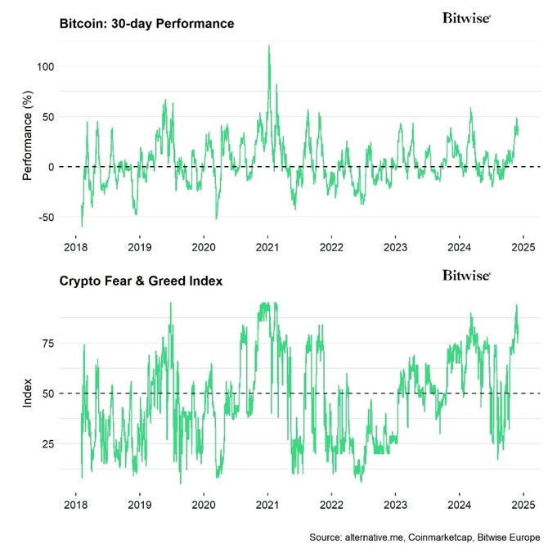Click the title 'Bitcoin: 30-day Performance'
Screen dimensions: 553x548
tap(146, 24)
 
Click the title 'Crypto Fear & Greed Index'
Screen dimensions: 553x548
tap(141, 281)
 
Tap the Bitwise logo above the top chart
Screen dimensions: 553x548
tap(466, 17)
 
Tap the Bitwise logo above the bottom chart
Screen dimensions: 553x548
tap(466, 275)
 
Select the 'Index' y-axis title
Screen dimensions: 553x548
tap(27, 393)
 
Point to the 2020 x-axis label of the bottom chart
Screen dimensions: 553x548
tap(204, 506)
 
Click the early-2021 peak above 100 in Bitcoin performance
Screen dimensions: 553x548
tap(269, 47)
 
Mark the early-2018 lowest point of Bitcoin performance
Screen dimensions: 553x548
tap(82, 226)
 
